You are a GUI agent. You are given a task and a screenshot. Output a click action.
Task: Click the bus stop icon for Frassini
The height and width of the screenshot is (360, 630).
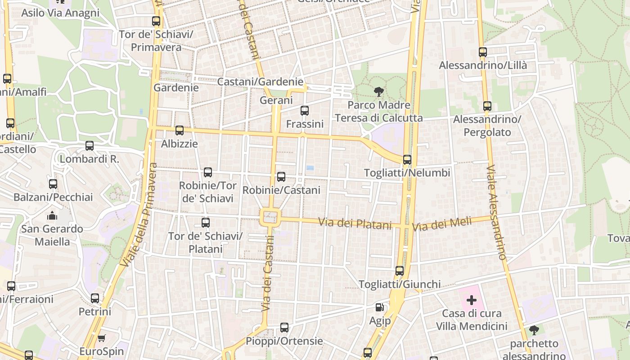(x=305, y=110)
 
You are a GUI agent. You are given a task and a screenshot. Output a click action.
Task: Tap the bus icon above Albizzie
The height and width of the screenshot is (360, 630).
(x=180, y=130)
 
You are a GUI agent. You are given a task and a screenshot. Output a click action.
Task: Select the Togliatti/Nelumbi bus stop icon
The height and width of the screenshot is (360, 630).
(x=407, y=160)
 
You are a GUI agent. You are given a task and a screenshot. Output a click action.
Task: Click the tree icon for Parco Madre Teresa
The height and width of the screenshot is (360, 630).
(x=379, y=92)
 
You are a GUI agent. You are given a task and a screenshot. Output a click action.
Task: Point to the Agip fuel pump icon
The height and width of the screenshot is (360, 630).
(x=380, y=307)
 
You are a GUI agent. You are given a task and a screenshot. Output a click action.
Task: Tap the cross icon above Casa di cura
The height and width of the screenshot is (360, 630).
(x=472, y=300)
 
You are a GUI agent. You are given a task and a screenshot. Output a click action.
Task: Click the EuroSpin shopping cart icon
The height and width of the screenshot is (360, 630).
(x=101, y=338)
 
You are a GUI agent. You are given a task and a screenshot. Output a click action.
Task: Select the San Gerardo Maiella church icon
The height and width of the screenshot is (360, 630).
(x=52, y=216)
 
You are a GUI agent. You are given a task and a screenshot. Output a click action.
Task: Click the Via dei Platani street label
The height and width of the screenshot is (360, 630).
(x=355, y=223)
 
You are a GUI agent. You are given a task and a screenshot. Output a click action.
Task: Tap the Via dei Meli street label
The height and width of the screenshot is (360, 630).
(x=442, y=224)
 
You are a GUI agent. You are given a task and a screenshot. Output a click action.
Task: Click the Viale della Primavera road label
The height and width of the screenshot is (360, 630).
(x=140, y=215)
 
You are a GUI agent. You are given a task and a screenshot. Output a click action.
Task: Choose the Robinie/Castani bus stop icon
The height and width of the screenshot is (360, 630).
(x=281, y=177)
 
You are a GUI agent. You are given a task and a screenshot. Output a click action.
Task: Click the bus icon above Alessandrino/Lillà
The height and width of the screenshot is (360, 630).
(x=483, y=52)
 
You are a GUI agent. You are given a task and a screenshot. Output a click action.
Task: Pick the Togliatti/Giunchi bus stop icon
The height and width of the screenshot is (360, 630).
(x=400, y=271)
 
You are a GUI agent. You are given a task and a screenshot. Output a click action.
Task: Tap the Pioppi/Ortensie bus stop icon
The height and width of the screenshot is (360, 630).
(x=284, y=328)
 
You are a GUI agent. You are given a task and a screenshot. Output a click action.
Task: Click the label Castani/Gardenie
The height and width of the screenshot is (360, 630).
(x=260, y=82)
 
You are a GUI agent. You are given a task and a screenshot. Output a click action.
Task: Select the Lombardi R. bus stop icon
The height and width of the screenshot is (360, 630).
(x=90, y=146)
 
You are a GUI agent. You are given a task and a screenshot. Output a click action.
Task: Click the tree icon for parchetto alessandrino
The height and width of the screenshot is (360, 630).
(x=534, y=330)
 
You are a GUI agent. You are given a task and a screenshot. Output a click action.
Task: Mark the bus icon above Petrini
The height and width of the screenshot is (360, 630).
(x=95, y=298)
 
